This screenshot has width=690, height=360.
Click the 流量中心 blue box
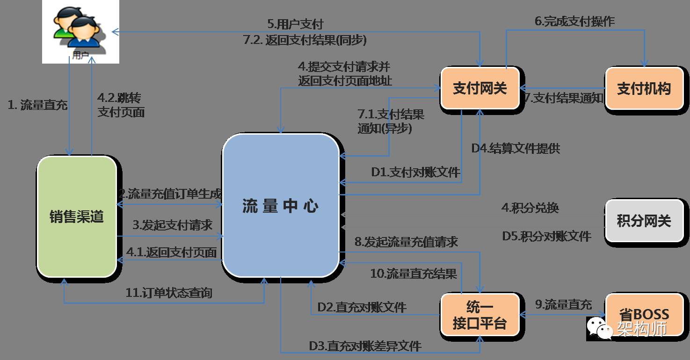(x=281, y=206)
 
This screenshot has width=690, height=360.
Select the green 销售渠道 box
(x=77, y=216)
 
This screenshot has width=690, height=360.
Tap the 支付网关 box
(x=480, y=89)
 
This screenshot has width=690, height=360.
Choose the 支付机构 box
(x=644, y=89)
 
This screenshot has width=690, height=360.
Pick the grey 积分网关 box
(x=644, y=221)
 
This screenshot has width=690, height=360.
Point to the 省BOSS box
(x=644, y=314)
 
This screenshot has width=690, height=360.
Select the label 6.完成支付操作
(x=574, y=21)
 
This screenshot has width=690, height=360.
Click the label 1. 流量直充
(x=38, y=105)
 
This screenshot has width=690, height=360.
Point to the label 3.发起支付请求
(x=172, y=225)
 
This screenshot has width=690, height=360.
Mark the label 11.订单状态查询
(x=169, y=293)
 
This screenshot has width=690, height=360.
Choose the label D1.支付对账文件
(x=415, y=173)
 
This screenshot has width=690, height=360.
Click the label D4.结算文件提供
(x=515, y=149)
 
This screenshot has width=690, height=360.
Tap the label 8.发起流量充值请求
(x=406, y=242)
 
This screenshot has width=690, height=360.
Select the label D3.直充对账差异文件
(x=365, y=346)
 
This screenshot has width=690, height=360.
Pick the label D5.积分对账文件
(x=546, y=236)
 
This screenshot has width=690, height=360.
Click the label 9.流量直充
(x=563, y=305)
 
